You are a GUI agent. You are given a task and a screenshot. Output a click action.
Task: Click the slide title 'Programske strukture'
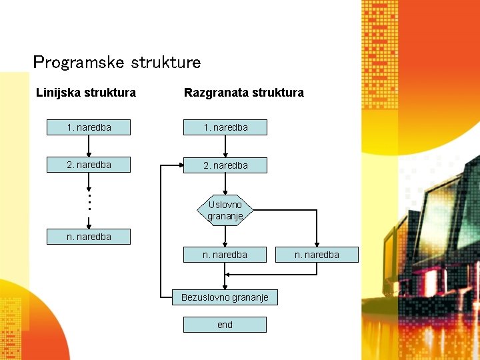[117, 63]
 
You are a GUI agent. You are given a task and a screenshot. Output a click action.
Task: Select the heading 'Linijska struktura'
[86, 93]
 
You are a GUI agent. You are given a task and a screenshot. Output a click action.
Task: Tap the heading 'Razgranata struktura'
[244, 93]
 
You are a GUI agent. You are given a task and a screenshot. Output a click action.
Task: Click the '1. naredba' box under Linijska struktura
[89, 127]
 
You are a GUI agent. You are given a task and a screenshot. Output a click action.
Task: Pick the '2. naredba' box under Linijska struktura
[89, 165]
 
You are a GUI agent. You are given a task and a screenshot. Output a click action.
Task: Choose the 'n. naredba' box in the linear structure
[89, 236]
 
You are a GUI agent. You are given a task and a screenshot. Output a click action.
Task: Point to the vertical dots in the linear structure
[89, 201]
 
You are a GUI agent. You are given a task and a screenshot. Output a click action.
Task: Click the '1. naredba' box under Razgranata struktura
[225, 127]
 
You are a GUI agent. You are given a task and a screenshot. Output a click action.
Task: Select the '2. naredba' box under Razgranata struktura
[225, 165]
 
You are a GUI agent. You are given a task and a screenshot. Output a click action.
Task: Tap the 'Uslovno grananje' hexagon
[225, 210]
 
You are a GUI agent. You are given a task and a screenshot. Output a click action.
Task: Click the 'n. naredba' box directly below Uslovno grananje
[225, 254]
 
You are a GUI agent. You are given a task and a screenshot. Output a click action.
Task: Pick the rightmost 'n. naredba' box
[317, 254]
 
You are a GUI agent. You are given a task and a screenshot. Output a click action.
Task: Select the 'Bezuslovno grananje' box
[225, 297]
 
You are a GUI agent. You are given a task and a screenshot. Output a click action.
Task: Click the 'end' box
[225, 325]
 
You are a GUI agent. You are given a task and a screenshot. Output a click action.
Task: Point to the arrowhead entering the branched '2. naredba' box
[180, 165]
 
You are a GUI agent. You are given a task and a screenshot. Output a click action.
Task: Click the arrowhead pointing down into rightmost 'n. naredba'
[317, 243]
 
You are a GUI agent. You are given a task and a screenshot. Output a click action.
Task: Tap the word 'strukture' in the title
[166, 63]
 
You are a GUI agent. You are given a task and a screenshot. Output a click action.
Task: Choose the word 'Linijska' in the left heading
[57, 93]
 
